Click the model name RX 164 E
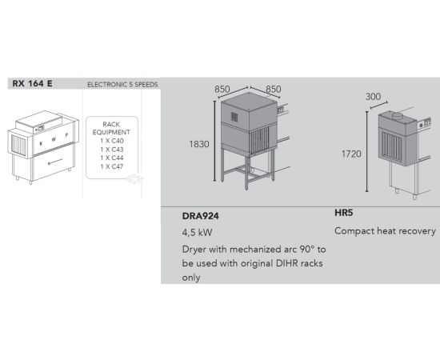32,84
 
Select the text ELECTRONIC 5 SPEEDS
122,85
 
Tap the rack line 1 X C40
112,141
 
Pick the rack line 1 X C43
112,150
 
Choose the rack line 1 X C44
112,158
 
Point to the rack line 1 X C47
112,166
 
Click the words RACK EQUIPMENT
111,128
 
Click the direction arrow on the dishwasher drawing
55,162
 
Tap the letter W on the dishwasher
54,139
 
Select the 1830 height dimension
199,144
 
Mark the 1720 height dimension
351,154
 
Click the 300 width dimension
373,97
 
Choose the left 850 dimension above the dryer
222,90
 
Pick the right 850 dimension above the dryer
274,90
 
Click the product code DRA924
200,216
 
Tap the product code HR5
343,213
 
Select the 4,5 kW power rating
197,233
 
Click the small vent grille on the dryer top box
234,117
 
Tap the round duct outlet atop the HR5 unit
398,115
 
